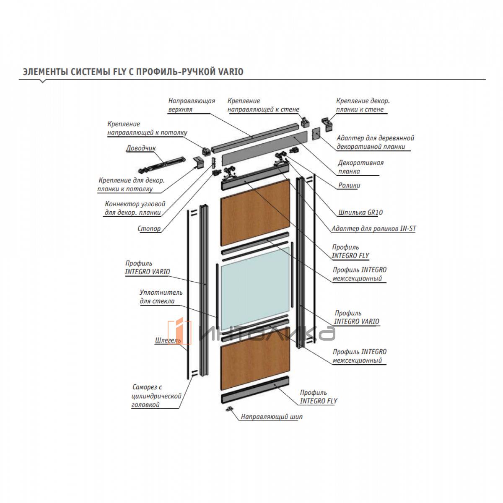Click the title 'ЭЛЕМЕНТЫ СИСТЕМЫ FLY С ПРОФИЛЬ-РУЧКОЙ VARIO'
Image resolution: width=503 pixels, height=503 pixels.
[x=133, y=72]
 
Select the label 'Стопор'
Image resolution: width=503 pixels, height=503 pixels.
[x=149, y=229]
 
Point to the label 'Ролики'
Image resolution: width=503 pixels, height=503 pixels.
[x=349, y=185]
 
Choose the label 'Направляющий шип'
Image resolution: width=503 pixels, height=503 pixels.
[x=271, y=417]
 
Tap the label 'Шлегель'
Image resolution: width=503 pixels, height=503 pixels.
[x=168, y=340]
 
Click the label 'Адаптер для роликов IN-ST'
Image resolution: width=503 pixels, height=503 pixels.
[x=373, y=229]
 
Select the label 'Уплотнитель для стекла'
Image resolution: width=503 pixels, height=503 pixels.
[x=161, y=297]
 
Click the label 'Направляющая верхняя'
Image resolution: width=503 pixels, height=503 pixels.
[x=192, y=105]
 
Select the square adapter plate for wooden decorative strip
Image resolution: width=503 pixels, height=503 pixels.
[x=316, y=134]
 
